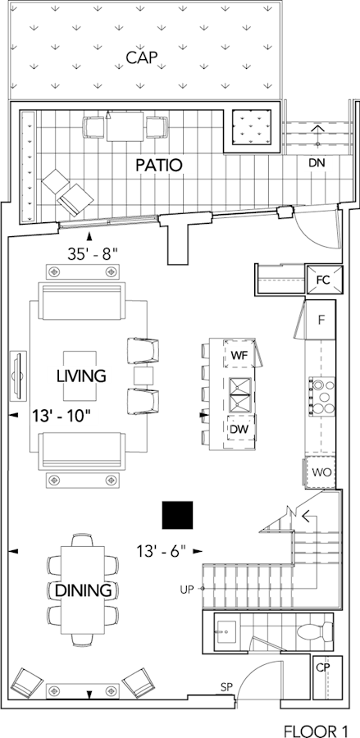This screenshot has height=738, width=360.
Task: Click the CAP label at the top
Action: tap(141, 57)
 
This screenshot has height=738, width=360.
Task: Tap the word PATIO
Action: tap(158, 165)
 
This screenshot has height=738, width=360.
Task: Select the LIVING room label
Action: tap(81, 376)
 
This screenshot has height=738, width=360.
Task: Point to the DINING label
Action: tap(84, 590)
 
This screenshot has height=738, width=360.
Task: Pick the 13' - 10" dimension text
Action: tap(62, 416)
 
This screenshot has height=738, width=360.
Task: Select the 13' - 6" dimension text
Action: tap(162, 551)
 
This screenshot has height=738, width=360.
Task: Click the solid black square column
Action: tap(177, 514)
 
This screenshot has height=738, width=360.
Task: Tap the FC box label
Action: tap(323, 280)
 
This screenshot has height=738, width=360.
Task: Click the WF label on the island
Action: tap(239, 356)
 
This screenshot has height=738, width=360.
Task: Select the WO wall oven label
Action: tap(321, 471)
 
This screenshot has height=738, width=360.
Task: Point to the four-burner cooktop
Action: tap(321, 396)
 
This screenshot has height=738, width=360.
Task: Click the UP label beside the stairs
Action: tap(187, 588)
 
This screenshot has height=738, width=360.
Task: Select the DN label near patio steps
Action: tap(317, 163)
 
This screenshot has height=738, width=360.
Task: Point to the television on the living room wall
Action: tap(19, 375)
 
